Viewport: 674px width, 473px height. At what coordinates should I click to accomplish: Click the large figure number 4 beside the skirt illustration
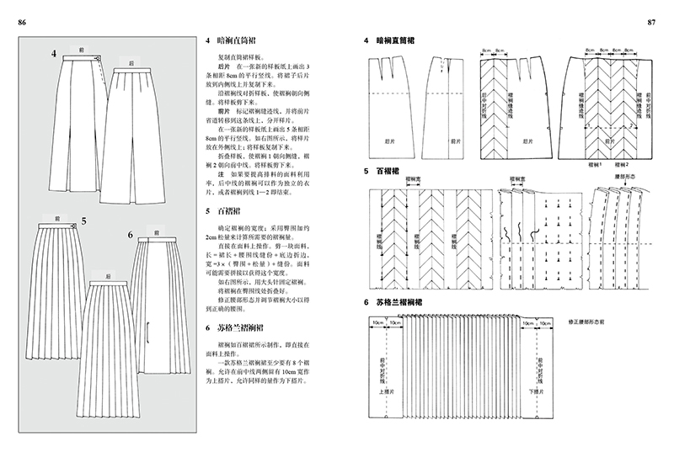[x=53, y=55]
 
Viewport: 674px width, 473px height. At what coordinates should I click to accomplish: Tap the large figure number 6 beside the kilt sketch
[x=131, y=234]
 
